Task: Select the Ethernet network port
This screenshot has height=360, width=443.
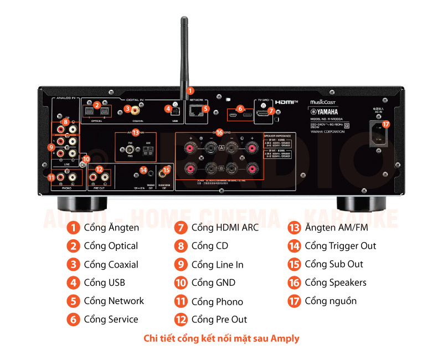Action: coord(196,110)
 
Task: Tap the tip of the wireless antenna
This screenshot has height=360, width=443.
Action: coord(183,20)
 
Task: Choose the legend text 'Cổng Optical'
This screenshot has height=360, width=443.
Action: coord(111,246)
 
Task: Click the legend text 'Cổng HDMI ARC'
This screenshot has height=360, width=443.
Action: coord(225,228)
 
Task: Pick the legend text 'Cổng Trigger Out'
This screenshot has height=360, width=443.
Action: coord(340,246)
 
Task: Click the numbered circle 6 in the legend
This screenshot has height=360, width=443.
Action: coord(73,320)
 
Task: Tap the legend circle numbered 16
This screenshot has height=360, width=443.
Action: coord(294,283)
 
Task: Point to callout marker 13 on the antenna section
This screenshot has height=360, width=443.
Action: coord(135,132)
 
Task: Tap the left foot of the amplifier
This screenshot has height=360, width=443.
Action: coord(70,203)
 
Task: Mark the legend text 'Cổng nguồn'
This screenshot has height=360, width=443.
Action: coord(331,301)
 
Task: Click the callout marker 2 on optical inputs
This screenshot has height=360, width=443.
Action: coord(96,104)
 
